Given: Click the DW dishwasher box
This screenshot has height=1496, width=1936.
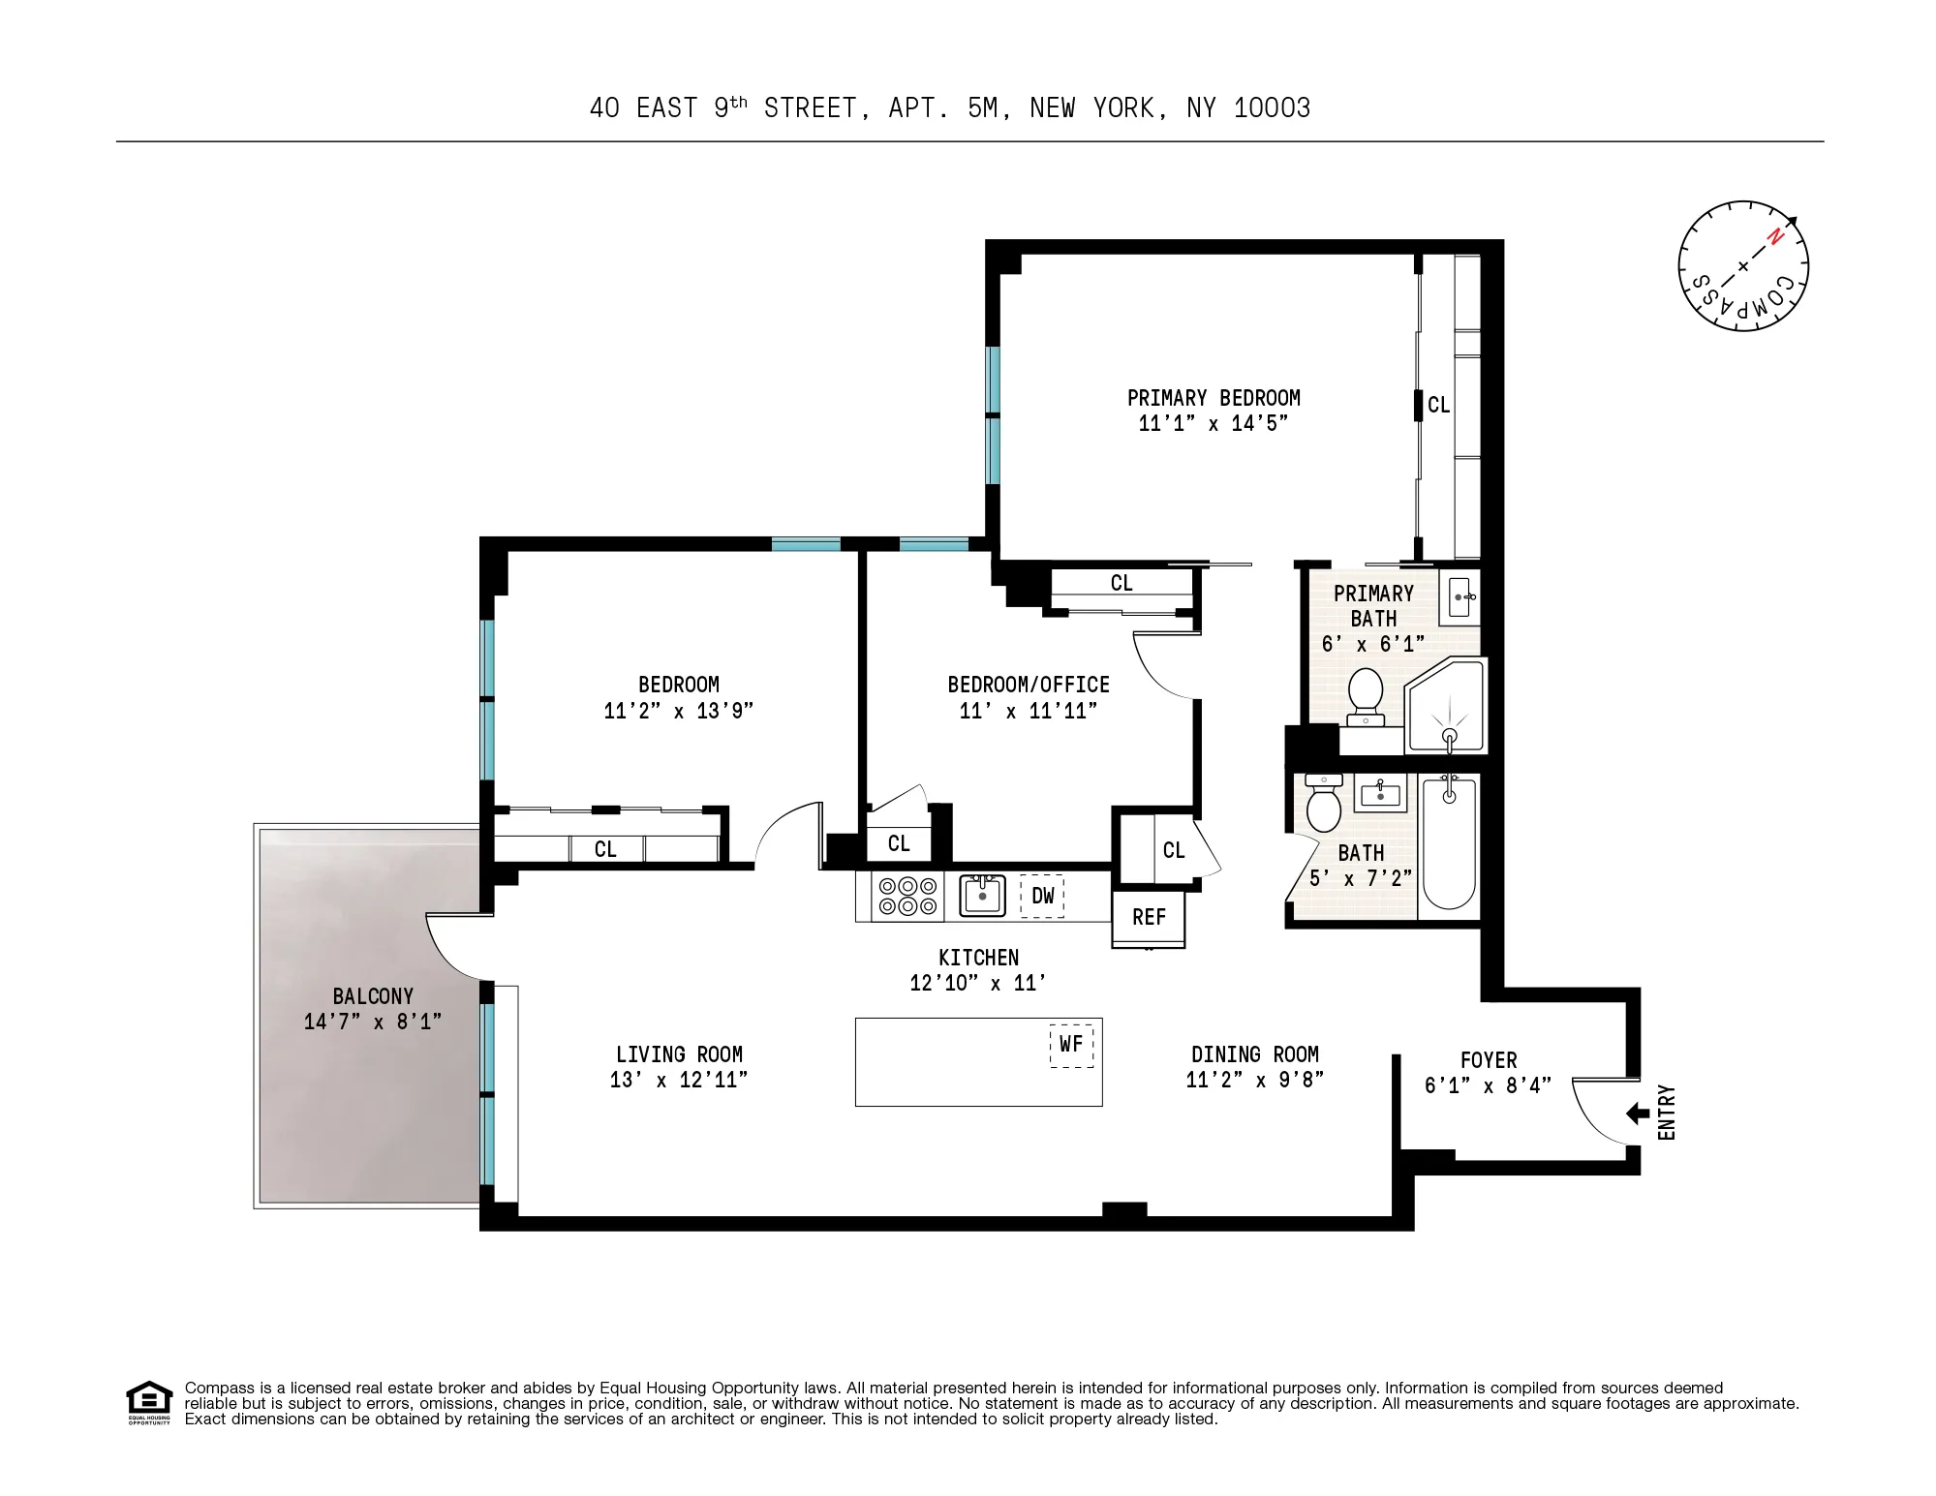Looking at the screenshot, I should pyautogui.click(x=1042, y=896).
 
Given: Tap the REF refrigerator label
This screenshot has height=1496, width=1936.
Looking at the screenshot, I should pyautogui.click(x=1149, y=917).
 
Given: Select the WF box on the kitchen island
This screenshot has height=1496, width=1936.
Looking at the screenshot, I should pyautogui.click(x=1071, y=1045).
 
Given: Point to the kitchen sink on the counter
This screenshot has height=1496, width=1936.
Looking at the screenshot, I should pyautogui.click(x=982, y=896).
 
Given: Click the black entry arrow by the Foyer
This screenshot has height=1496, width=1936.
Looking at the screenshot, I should pyautogui.click(x=1638, y=1114).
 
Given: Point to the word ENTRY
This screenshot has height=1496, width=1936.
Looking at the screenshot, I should pyautogui.click(x=1667, y=1113).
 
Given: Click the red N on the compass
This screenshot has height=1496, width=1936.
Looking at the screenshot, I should pyautogui.click(x=1775, y=236).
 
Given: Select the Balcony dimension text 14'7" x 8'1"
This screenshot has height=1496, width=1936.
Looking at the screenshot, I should pyautogui.click(x=373, y=1022).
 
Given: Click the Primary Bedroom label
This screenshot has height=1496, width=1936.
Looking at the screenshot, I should pyautogui.click(x=1214, y=398).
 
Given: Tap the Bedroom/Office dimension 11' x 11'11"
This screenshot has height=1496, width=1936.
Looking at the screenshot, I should pyautogui.click(x=1029, y=711).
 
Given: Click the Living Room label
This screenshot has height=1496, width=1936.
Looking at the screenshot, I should pyautogui.click(x=679, y=1054).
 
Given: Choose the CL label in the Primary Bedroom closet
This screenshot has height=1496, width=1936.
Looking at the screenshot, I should pyautogui.click(x=1439, y=405).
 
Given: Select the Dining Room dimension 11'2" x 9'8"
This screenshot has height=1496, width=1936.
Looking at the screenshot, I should pyautogui.click(x=1255, y=1080).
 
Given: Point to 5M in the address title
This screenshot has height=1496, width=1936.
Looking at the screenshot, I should pyautogui.click(x=982, y=107).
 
